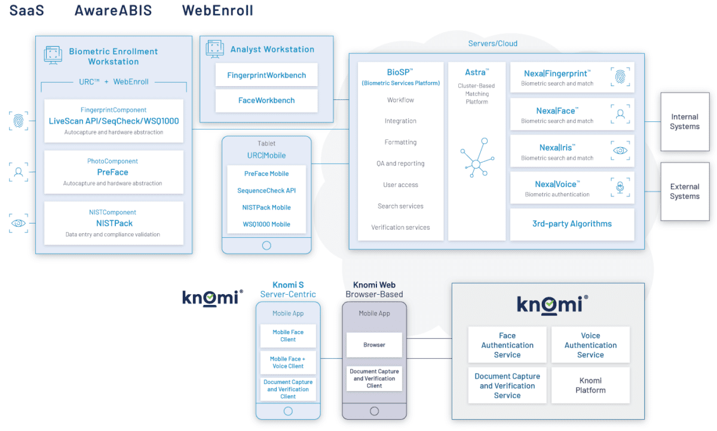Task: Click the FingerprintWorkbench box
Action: click(x=266, y=75)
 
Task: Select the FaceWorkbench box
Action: click(x=266, y=100)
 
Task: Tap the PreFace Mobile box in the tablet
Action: click(x=266, y=174)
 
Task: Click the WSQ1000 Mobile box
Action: click(x=266, y=224)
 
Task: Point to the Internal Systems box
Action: click(x=685, y=122)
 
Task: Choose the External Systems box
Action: click(x=685, y=192)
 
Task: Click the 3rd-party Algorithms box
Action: click(x=572, y=224)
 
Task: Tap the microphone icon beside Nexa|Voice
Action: click(x=620, y=188)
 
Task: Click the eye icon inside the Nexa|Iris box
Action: click(x=620, y=151)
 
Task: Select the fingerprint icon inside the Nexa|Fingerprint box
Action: click(x=620, y=77)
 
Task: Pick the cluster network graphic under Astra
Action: click(x=477, y=158)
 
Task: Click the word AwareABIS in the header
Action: click(x=113, y=11)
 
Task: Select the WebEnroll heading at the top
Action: click(x=217, y=11)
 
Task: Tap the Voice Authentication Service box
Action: click(x=590, y=345)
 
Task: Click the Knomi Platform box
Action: click(x=590, y=386)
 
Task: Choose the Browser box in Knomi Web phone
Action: click(x=375, y=345)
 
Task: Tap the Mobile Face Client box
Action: click(x=288, y=336)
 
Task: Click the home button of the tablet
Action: click(x=266, y=245)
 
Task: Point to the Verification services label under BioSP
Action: click(x=400, y=228)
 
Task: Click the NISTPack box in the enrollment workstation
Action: click(x=114, y=223)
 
